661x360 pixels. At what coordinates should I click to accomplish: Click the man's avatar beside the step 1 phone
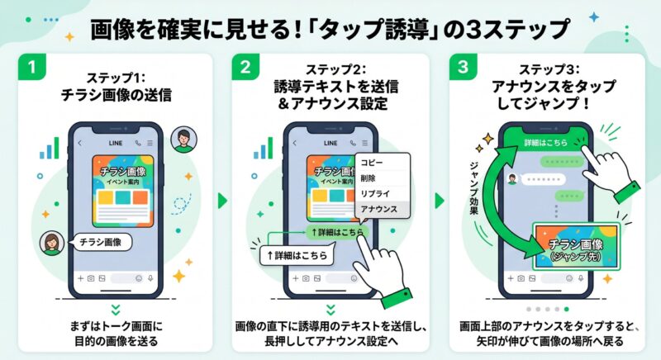click(x=183, y=140)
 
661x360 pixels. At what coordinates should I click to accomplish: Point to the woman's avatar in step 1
click(x=51, y=242)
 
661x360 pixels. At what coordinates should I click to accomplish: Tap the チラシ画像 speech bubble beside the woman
click(x=101, y=242)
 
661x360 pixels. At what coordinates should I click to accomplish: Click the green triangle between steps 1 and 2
click(x=221, y=201)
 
